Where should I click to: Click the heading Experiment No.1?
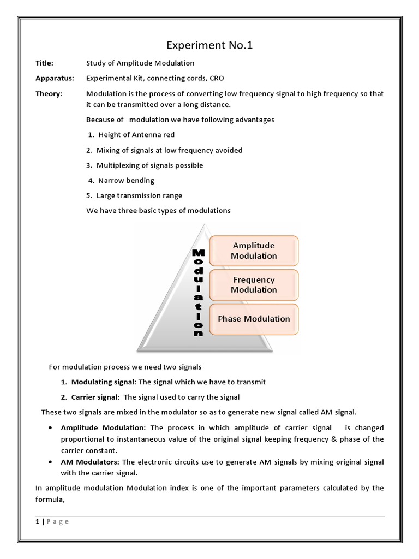coord(210,45)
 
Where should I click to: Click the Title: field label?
coord(45,63)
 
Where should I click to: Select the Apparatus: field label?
coord(53,79)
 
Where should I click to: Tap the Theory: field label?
coord(49,94)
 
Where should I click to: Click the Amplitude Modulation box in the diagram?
coord(254,251)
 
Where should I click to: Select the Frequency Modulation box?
coord(254,284)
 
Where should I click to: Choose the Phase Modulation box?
coord(254,319)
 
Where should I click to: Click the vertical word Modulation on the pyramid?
coord(199,293)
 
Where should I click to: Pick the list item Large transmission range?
coord(139,195)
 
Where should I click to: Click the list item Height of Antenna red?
coord(136,135)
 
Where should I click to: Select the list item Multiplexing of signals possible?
coord(149,165)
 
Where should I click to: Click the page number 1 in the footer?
coord(38,521)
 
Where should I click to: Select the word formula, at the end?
coord(50,499)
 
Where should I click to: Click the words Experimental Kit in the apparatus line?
coord(111,79)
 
